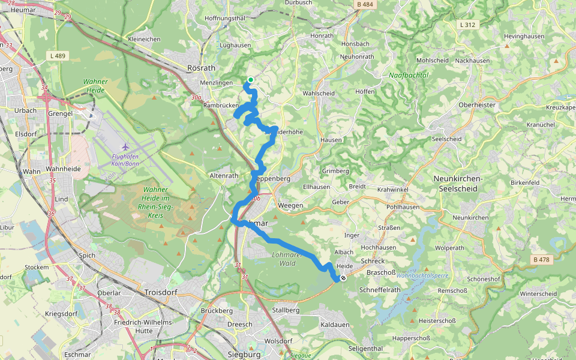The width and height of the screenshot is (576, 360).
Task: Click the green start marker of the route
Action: (250, 80)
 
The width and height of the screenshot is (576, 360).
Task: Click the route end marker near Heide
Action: (343, 278)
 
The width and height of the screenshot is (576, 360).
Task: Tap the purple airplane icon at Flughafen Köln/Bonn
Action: (125, 146)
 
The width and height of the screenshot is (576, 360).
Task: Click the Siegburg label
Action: (244, 355)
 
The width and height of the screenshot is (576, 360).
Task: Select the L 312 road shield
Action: (468, 25)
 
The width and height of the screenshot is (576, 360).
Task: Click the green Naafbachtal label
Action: (408, 75)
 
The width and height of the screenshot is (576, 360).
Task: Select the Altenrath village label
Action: (224, 176)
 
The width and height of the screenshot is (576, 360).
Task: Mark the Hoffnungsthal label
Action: (225, 18)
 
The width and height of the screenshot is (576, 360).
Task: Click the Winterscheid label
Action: (539, 294)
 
